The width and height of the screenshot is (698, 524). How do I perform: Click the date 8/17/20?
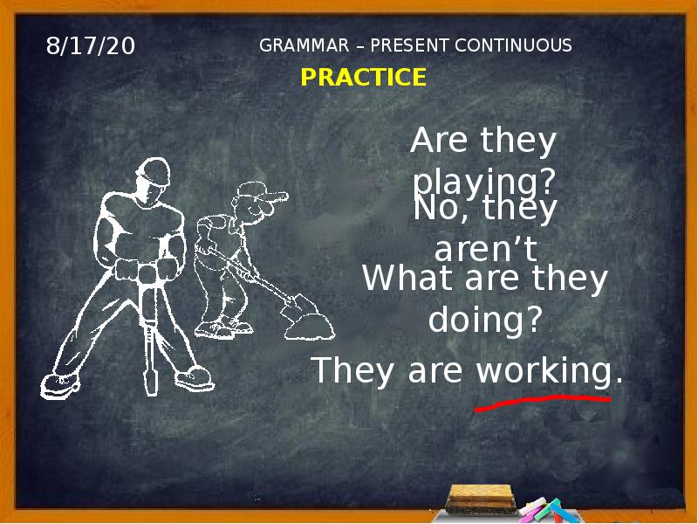pyautogui.click(x=91, y=46)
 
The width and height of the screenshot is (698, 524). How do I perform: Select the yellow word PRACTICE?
pyautogui.click(x=363, y=78)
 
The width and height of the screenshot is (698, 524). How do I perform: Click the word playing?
pyautogui.click(x=484, y=183)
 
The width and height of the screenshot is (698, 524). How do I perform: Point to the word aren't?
pyautogui.click(x=485, y=251)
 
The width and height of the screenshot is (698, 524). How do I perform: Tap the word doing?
pyautogui.click(x=485, y=321)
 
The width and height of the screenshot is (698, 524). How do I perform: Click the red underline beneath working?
pyautogui.click(x=542, y=402)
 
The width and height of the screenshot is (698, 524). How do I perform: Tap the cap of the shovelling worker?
pyautogui.click(x=257, y=190)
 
